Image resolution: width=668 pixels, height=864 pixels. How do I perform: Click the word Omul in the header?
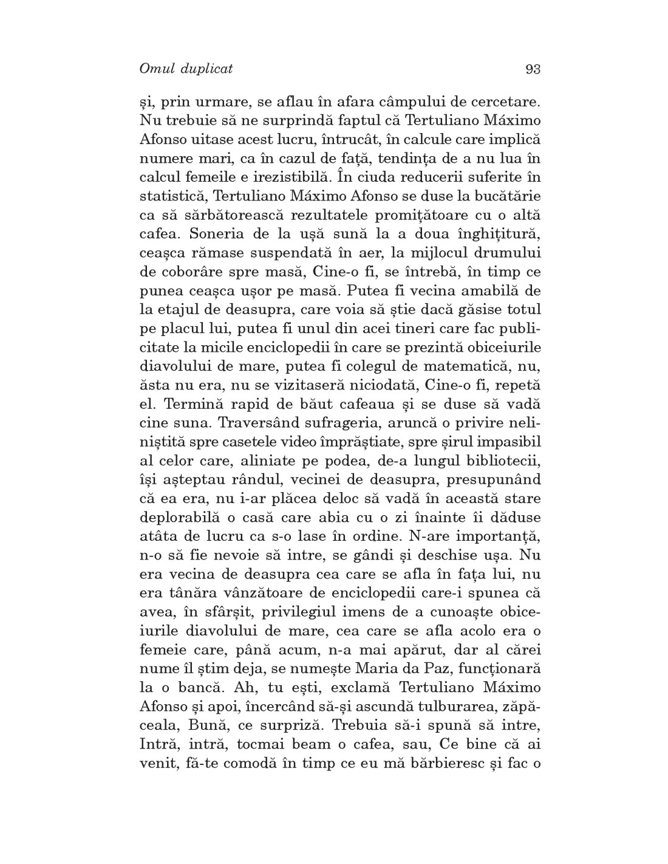pos(157,69)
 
